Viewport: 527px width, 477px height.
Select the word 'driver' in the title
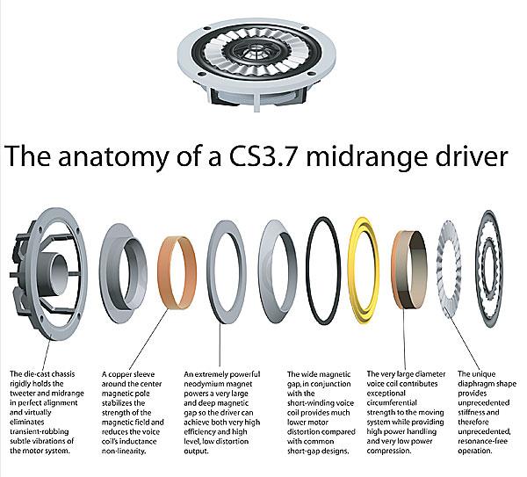(471, 155)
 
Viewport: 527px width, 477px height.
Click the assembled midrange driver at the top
(256, 63)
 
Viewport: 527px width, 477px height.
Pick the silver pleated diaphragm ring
(439, 269)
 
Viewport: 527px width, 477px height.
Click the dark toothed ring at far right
(480, 269)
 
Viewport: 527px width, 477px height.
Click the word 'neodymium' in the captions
(204, 384)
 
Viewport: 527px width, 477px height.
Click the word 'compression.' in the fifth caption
(389, 452)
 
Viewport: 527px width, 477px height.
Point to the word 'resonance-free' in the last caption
(482, 441)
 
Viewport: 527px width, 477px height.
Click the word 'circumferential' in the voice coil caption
(392, 403)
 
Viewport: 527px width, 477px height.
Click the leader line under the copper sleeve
(148, 339)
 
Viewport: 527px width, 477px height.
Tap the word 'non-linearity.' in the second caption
(124, 452)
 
